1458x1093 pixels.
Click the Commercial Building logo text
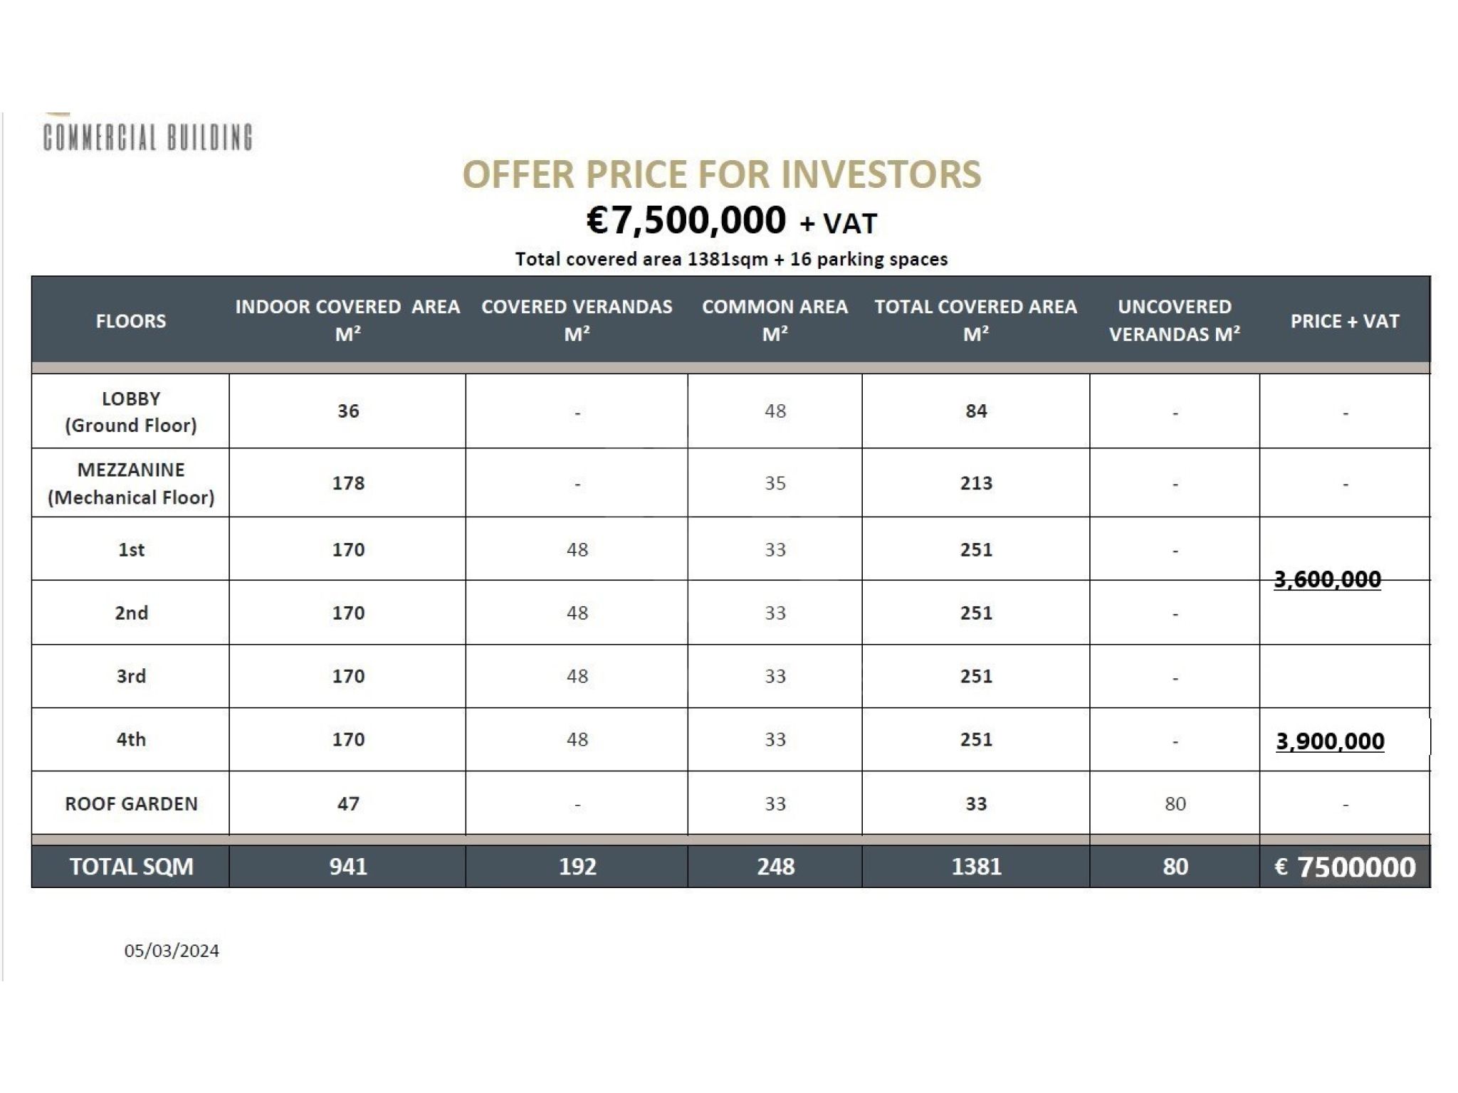point(147,137)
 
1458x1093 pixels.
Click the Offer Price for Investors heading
point(721,174)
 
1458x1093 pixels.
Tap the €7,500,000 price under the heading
point(686,220)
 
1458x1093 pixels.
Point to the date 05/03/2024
point(172,951)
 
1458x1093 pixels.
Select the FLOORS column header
point(131,321)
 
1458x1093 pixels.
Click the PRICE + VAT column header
point(1345,321)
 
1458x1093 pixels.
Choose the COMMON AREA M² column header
point(775,320)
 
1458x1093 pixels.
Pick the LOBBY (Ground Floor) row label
point(131,411)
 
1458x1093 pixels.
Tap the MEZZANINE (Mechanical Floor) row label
point(131,483)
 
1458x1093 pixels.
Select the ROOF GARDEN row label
point(131,803)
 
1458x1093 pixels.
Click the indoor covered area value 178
point(348,483)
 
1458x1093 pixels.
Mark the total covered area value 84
point(976,411)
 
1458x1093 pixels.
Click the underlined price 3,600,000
point(1327,579)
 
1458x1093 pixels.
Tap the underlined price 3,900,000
point(1330,741)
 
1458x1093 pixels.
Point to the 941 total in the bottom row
point(348,867)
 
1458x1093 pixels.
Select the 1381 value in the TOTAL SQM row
point(976,867)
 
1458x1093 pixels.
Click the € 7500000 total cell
point(1345,867)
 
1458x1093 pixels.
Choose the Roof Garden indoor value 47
point(348,803)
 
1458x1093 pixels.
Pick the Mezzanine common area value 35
point(775,483)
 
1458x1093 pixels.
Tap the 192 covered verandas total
point(577,867)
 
